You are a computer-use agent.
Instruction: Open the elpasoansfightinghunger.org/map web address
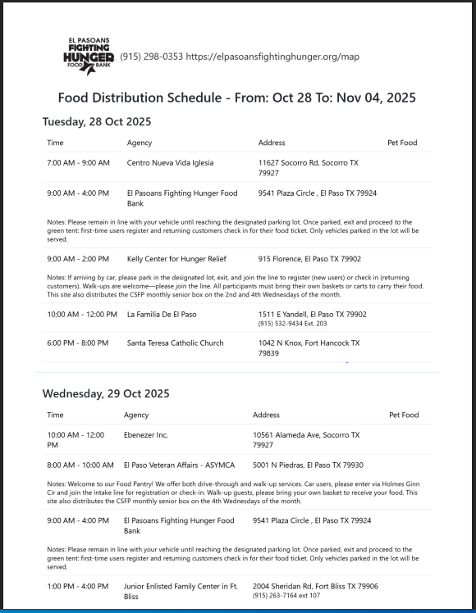[272, 57]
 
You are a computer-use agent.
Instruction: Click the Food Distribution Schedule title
[236, 98]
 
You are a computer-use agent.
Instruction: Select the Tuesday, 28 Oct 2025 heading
[97, 122]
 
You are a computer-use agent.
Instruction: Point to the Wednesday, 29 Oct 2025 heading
[106, 393]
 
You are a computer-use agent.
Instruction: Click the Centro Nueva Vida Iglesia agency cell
[170, 163]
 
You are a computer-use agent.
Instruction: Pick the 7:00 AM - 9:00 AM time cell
[78, 163]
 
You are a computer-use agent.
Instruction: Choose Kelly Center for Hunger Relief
[176, 259]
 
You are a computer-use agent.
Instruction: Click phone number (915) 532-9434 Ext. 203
[291, 324]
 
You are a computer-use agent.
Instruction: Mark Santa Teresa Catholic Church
[175, 343]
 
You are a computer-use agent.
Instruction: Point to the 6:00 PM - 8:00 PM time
[78, 343]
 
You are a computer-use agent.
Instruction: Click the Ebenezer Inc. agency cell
[146, 435]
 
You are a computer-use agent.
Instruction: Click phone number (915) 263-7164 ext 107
[286, 595]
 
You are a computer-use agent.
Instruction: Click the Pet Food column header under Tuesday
[402, 143]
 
